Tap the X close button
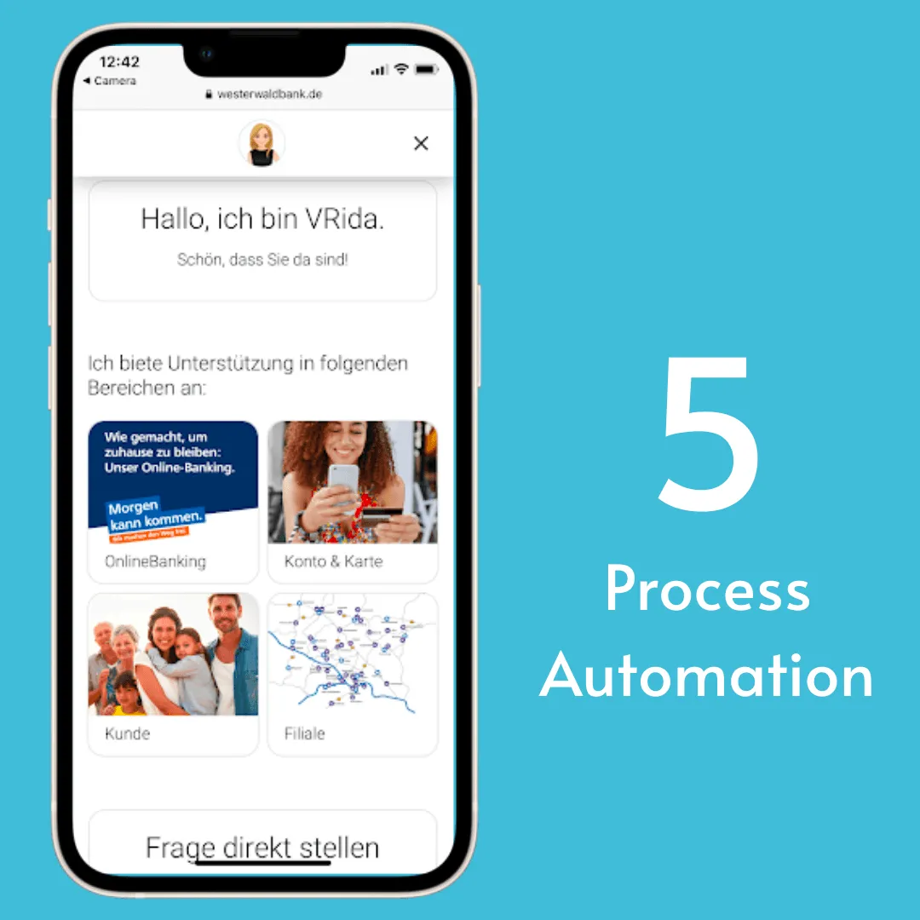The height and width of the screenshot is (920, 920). (421, 143)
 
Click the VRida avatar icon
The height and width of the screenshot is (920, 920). (262, 143)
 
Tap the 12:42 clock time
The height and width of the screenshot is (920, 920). (119, 62)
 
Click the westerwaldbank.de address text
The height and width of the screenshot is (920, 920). (269, 94)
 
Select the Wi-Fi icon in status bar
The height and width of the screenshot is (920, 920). (401, 69)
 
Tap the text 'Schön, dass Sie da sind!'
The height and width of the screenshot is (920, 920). (262, 260)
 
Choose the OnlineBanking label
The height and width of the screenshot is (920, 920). (155, 561)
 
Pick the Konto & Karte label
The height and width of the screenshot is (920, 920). (333, 561)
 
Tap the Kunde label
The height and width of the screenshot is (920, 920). (127, 733)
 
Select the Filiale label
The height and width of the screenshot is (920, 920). (304, 733)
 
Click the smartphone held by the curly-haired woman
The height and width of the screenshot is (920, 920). (343, 478)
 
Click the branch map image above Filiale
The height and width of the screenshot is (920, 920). (352, 654)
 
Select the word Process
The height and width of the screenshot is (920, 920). (707, 590)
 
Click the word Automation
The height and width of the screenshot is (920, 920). (707, 676)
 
